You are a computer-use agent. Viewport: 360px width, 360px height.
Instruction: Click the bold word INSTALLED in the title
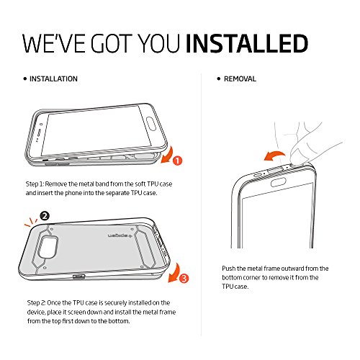[x=247, y=43]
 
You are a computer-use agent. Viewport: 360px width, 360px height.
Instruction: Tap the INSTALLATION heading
[x=53, y=78]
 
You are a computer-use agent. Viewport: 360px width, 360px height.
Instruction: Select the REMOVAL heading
[x=240, y=78]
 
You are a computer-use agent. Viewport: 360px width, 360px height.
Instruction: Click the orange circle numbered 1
[x=178, y=161]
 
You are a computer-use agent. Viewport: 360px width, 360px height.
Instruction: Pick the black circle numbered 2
[x=45, y=216]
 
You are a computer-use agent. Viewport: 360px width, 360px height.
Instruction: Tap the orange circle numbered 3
[x=184, y=279]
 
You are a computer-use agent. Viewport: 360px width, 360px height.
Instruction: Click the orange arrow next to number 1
[x=168, y=155]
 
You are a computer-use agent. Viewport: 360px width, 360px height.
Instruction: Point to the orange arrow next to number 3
[x=175, y=273]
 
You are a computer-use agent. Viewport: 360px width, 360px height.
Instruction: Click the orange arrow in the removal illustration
[x=275, y=155]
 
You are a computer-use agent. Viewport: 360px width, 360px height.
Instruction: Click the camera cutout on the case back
[x=48, y=247]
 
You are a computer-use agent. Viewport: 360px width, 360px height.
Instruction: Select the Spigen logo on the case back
[x=120, y=235]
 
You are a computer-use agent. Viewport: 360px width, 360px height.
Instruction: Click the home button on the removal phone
[x=279, y=182]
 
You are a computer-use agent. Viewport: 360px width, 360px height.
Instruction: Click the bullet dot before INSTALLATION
[x=25, y=78]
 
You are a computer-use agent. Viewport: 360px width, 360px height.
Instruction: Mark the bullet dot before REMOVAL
[x=218, y=78]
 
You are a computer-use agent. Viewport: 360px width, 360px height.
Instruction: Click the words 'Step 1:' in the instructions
[x=35, y=184]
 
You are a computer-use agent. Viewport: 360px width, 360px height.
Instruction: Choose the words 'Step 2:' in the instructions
[x=36, y=303]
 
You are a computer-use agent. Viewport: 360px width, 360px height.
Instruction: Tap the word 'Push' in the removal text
[x=228, y=269]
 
